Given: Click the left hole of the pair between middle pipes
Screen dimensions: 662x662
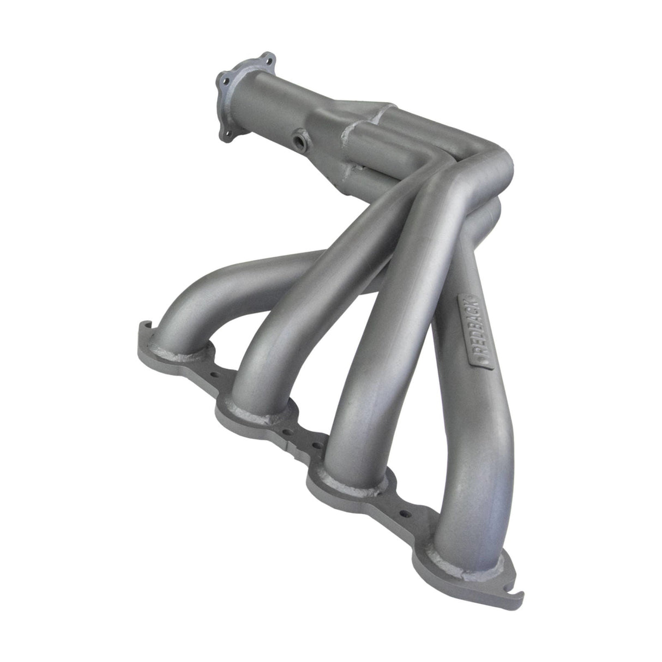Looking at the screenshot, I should [x=299, y=431].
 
